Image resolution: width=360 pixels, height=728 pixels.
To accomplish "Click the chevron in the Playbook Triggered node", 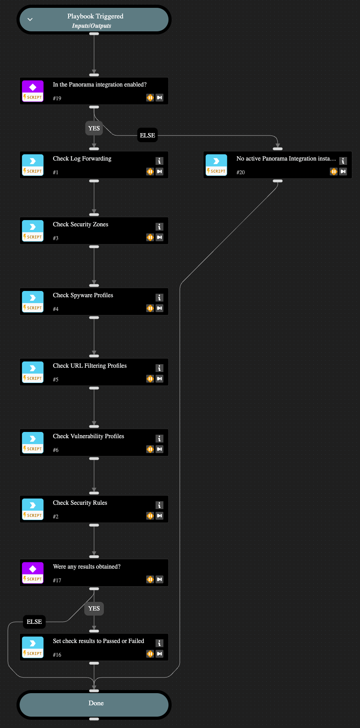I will click(x=30, y=19).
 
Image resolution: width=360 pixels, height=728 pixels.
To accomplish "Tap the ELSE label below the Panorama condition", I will click(x=147, y=135).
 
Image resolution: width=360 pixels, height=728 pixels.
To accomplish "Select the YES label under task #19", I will click(x=94, y=128).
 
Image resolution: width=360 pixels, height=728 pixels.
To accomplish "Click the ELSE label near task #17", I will click(x=34, y=621).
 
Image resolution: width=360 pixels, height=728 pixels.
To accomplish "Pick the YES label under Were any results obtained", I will click(x=94, y=609).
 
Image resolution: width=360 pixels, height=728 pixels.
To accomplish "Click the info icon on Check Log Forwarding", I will click(x=159, y=161).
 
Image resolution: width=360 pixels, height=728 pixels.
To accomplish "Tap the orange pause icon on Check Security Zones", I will click(x=150, y=237).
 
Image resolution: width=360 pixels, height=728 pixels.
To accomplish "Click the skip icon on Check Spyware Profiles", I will click(x=159, y=308).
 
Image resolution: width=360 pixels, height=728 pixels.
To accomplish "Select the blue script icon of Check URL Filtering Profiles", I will click(x=33, y=368).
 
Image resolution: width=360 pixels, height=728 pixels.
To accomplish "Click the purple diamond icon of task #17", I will click(x=33, y=569).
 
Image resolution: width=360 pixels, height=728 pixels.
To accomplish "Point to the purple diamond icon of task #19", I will click(x=33, y=87).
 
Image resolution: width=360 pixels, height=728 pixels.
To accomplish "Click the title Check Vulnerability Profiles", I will click(x=89, y=436).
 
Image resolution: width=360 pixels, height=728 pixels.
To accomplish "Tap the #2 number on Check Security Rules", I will click(x=56, y=517).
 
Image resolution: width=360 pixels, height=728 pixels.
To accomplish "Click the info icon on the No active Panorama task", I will click(x=343, y=161).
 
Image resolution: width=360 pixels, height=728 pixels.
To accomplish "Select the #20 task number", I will click(x=241, y=172).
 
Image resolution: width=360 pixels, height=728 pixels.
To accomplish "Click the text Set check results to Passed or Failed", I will click(x=98, y=641).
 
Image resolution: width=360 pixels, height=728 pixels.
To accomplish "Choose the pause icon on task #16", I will click(x=150, y=654).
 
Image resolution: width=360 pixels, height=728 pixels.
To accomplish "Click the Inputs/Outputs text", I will click(x=92, y=26).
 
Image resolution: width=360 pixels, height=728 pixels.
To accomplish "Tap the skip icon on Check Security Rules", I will click(x=159, y=516).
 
